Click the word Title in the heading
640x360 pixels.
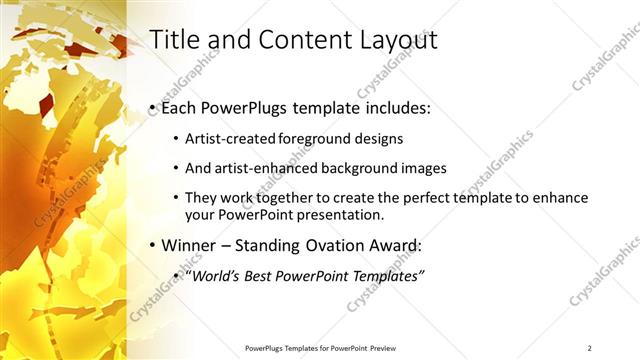(x=172, y=40)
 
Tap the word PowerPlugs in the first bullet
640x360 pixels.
(x=240, y=107)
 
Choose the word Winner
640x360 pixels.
(x=189, y=245)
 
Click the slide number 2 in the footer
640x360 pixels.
(x=590, y=347)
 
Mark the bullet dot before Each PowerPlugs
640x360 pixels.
(x=151, y=108)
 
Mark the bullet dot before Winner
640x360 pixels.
(x=151, y=246)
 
